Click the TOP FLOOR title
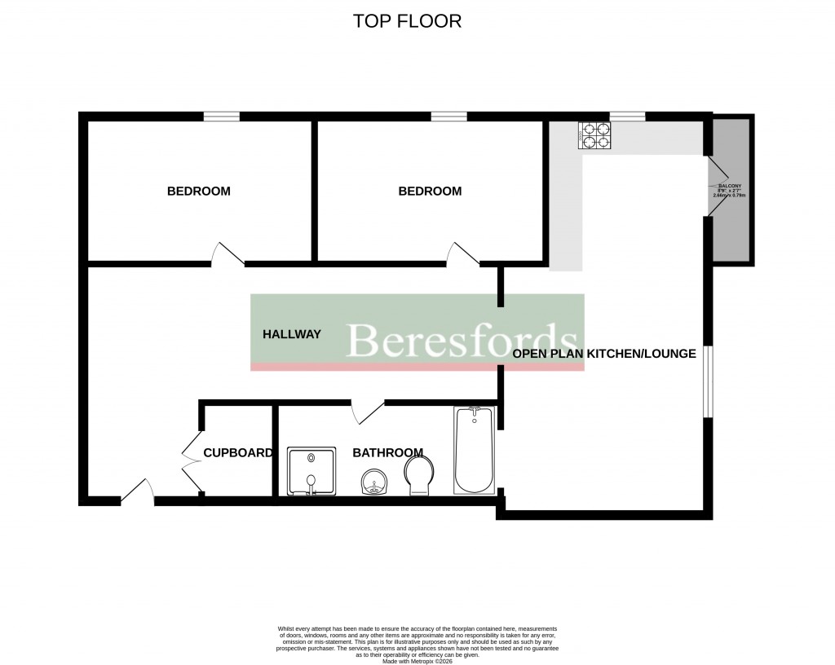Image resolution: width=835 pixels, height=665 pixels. (x=407, y=21)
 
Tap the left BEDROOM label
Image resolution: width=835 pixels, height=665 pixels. (x=198, y=192)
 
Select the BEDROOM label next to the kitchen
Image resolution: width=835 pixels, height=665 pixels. (x=430, y=192)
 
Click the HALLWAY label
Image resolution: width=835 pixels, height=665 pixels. (x=291, y=334)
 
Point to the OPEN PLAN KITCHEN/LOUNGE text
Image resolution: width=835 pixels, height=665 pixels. (x=603, y=354)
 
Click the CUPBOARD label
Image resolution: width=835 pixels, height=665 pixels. (x=237, y=453)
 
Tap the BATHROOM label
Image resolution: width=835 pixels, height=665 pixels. (x=387, y=453)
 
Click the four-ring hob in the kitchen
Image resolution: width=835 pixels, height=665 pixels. (x=594, y=135)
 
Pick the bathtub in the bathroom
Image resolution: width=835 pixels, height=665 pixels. (x=474, y=450)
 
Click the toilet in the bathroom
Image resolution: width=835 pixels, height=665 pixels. (x=421, y=474)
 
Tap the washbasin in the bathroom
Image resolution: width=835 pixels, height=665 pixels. (x=375, y=482)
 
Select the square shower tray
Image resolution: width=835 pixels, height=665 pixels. (x=311, y=471)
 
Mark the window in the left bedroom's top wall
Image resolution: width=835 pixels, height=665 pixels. (x=222, y=117)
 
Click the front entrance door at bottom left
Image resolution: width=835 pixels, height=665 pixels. (x=138, y=494)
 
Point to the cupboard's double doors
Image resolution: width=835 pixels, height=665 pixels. (x=192, y=460)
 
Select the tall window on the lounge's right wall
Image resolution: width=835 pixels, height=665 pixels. (x=708, y=381)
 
